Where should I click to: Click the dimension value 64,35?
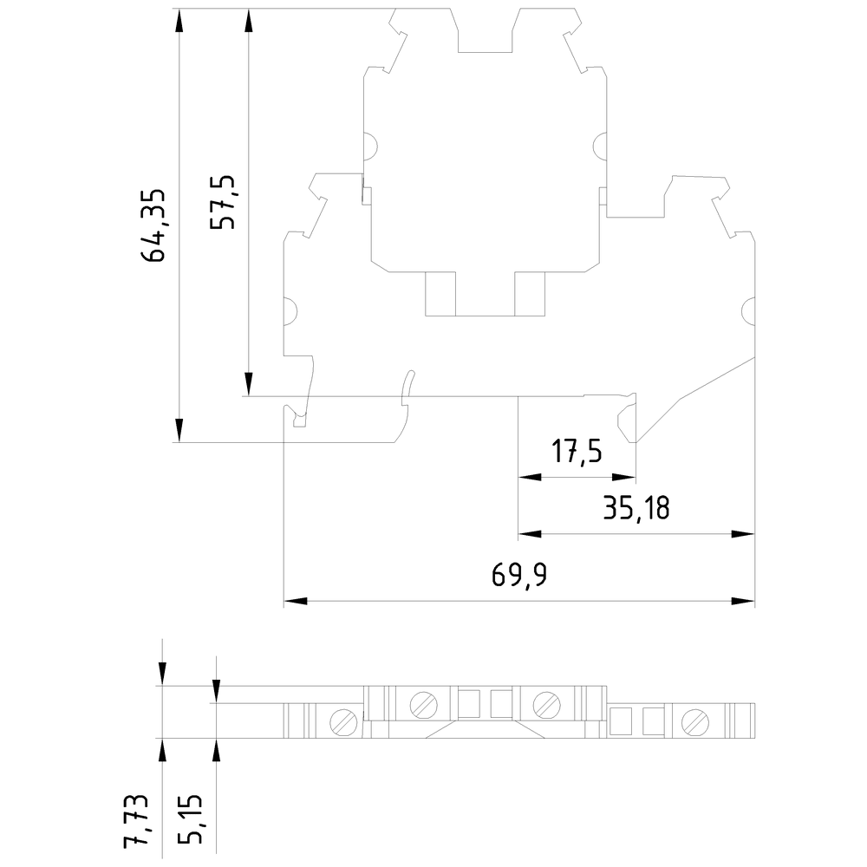point(153,225)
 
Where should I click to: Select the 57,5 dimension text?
point(223,202)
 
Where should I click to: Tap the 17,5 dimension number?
point(577,451)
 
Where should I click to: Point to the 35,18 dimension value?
point(636,507)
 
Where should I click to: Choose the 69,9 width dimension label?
point(519,575)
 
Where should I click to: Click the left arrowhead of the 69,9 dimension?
point(296,601)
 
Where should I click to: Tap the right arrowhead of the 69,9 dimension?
point(743,601)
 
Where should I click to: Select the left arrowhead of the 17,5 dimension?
point(530,477)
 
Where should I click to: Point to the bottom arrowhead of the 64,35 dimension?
point(179,430)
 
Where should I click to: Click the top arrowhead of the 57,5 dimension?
point(249,21)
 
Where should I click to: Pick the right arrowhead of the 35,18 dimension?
point(743,534)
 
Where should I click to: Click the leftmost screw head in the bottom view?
point(343,722)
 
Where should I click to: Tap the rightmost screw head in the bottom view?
point(695,722)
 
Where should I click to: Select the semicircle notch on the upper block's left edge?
point(370,146)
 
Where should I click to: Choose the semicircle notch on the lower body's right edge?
point(748,310)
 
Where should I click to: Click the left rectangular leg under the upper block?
point(440,294)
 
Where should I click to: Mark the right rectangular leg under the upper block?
point(530,294)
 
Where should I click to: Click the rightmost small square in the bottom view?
point(653,721)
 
